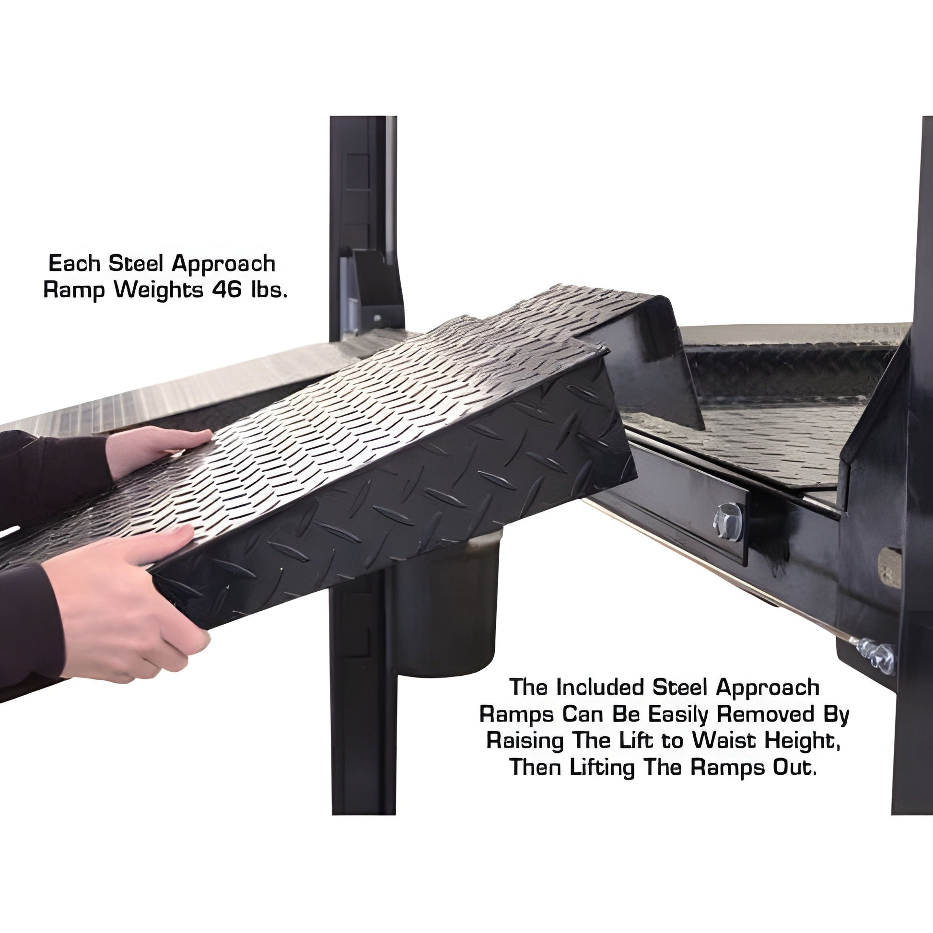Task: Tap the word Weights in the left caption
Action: click(158, 291)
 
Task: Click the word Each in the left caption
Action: click(75, 263)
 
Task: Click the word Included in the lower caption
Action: click(602, 688)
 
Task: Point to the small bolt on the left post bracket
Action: click(377, 318)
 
